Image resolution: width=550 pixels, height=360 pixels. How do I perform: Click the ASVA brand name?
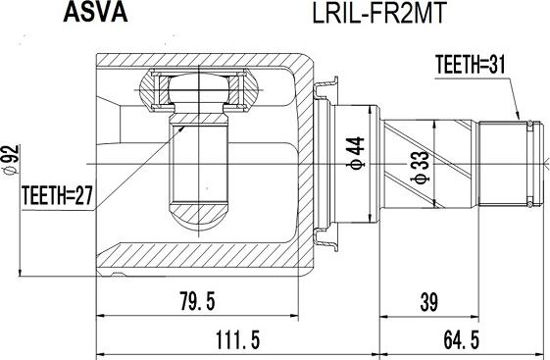95,13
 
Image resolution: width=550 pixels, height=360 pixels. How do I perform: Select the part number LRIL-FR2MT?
378,14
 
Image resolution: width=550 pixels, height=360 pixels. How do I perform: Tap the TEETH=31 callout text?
471,65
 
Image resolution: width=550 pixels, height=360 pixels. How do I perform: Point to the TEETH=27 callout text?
58,195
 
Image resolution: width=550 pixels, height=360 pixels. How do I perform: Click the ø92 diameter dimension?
11,160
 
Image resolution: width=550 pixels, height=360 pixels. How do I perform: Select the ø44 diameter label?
356,153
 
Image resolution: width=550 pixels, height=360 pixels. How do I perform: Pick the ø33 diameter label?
421,168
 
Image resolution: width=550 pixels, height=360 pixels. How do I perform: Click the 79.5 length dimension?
197,301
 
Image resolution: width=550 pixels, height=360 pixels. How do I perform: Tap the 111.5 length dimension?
237,340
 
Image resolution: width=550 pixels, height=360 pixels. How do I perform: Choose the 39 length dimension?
429,302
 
